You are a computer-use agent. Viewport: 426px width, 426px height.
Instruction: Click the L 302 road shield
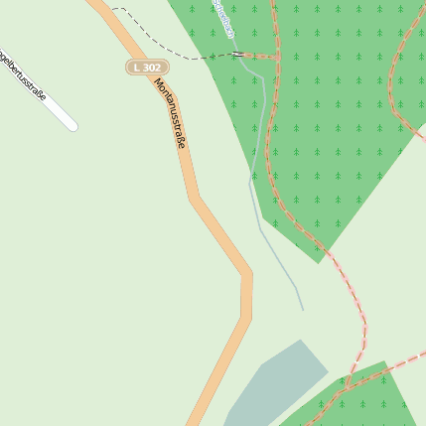point(147,68)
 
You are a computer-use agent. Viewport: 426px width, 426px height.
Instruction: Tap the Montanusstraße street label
point(170,113)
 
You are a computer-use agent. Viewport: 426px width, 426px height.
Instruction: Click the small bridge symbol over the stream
point(238,55)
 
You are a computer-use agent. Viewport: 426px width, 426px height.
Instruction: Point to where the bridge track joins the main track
point(276,55)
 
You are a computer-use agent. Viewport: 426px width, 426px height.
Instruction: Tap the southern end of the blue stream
point(303,309)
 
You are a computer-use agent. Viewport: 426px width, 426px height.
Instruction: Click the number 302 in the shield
point(151,68)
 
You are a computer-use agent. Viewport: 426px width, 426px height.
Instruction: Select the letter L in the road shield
point(137,68)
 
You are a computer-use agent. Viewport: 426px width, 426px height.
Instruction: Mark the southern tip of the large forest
point(319,262)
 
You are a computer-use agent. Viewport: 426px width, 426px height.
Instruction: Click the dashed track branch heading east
point(397,360)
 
